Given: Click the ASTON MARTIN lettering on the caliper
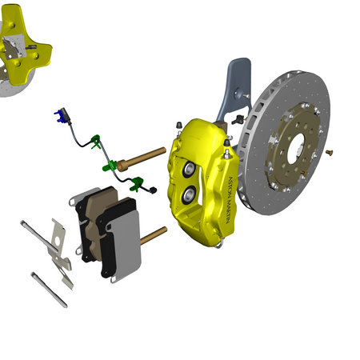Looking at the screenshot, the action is coord(230,200).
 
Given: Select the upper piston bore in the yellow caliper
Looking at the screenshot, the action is coord(189,169).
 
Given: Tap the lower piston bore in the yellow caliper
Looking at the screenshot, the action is coord(189,194).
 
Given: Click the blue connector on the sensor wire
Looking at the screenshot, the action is coord(60,116).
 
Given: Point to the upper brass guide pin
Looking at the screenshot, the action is coord(142,159).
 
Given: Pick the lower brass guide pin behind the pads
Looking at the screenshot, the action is coord(154,235).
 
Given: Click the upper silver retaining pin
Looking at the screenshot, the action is coord(39,236).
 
